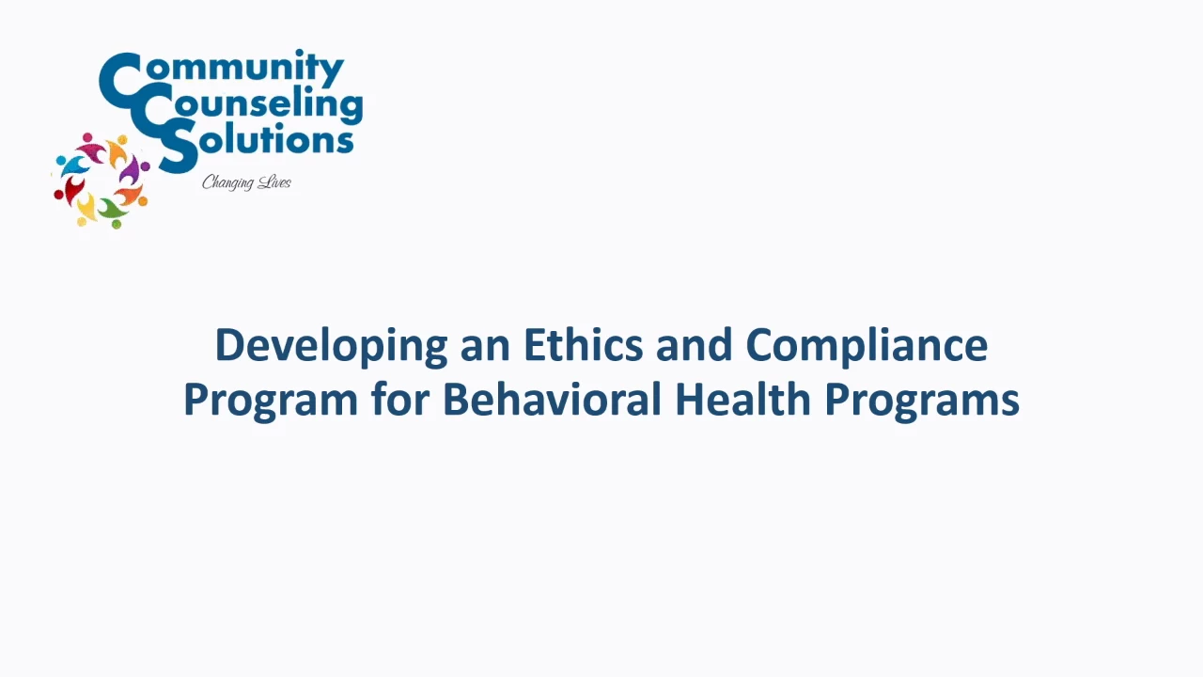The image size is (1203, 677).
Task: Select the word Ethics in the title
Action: pos(583,344)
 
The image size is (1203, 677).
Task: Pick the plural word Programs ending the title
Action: pos(922,401)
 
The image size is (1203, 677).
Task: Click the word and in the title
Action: pos(694,344)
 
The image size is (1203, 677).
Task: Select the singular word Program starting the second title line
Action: pos(271,401)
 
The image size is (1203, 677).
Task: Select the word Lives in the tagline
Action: pos(274,182)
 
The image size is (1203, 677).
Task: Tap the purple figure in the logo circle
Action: pos(133,168)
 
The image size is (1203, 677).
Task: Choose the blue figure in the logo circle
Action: pos(72,165)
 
